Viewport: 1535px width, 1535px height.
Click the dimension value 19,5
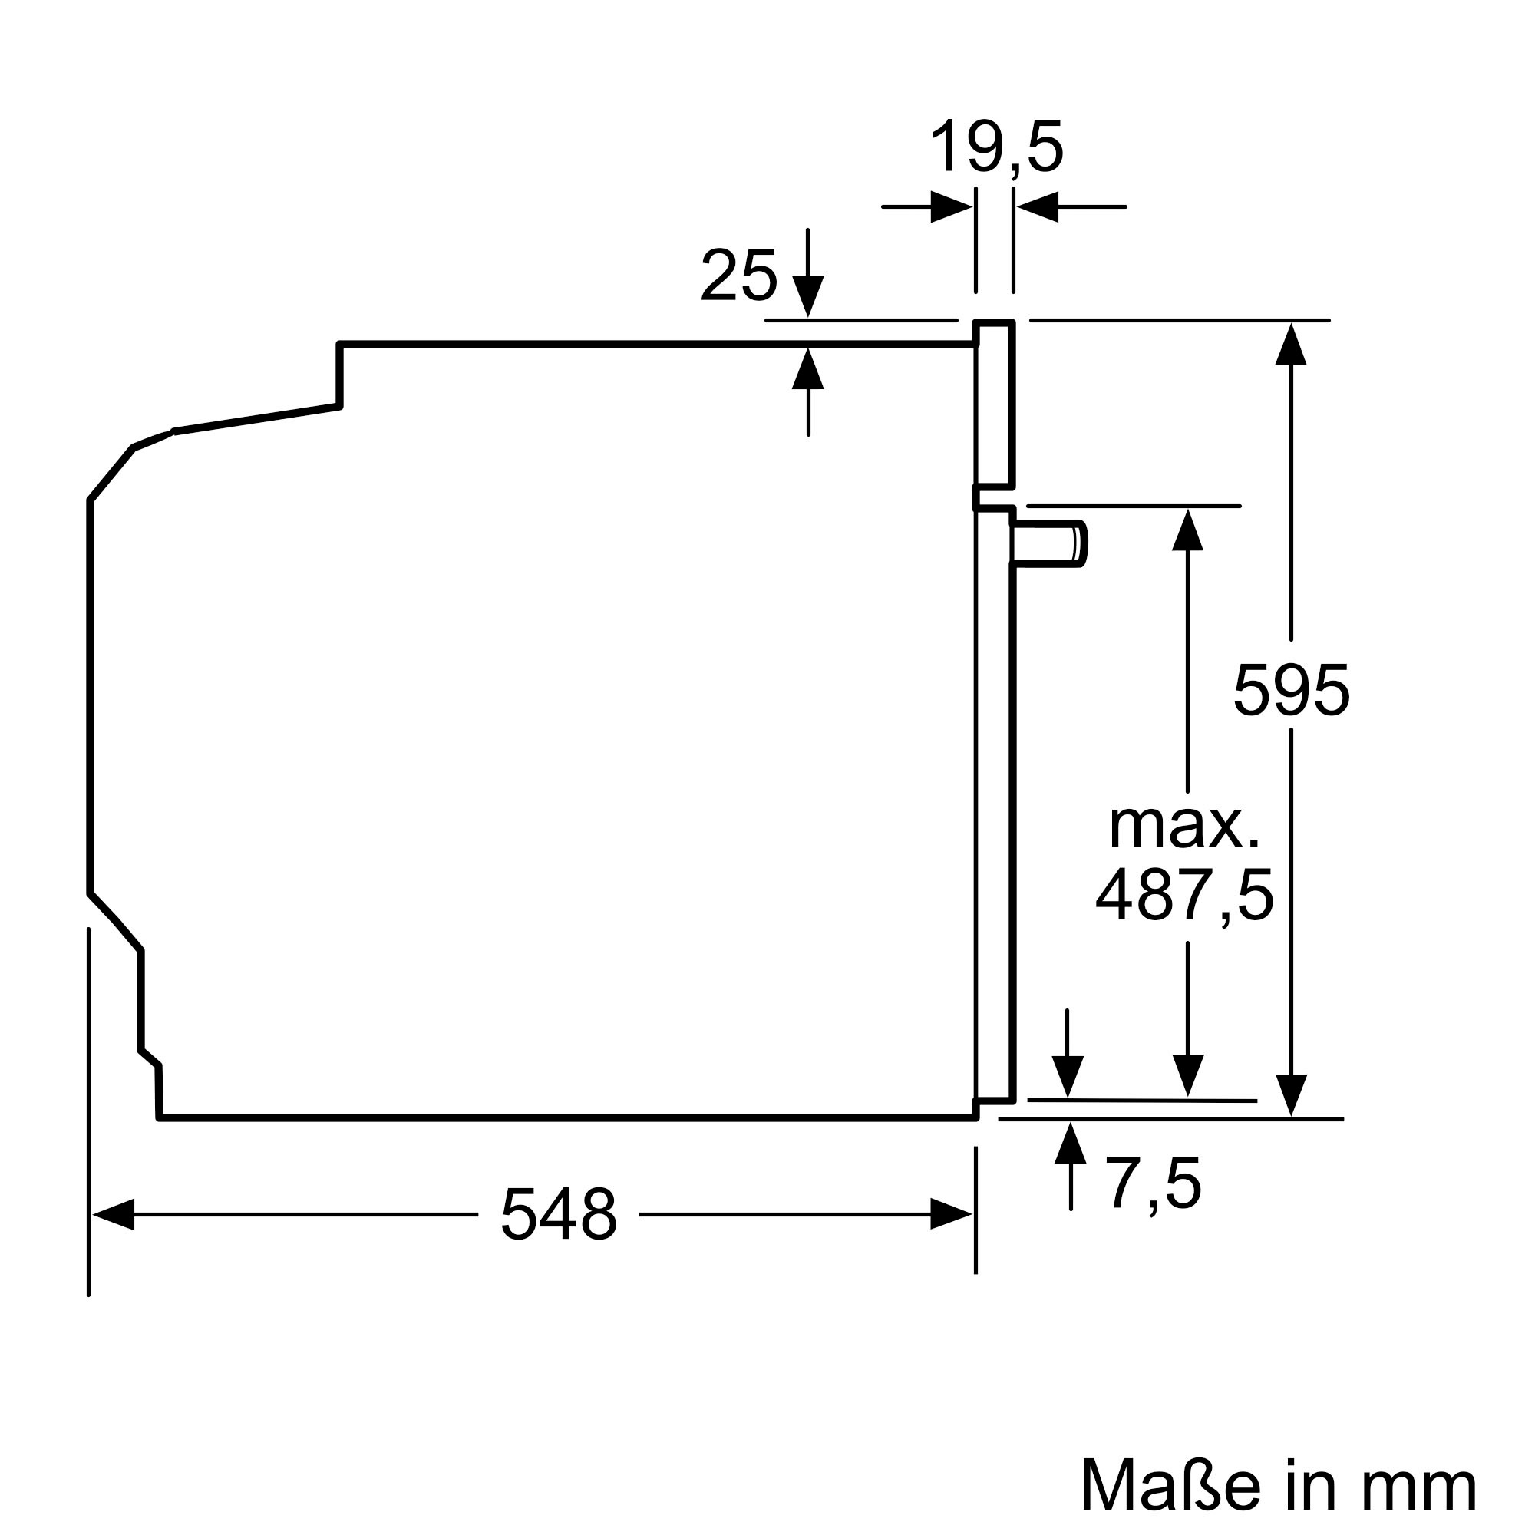click(x=995, y=149)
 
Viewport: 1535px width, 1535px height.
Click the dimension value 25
click(x=738, y=276)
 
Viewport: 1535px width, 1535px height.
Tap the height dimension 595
click(x=1291, y=691)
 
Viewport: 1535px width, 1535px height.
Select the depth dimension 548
click(x=559, y=1215)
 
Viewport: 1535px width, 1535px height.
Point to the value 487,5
click(x=1183, y=896)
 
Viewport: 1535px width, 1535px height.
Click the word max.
click(x=1183, y=827)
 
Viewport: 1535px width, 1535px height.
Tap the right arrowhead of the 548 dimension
click(x=951, y=1215)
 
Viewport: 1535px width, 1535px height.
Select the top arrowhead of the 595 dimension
click(x=1291, y=344)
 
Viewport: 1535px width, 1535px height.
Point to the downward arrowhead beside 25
click(x=808, y=296)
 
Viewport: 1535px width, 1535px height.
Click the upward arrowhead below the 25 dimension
click(x=808, y=368)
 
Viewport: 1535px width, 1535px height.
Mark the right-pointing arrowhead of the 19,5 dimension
click(x=951, y=207)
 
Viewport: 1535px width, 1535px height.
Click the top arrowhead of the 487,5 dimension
click(x=1188, y=530)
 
